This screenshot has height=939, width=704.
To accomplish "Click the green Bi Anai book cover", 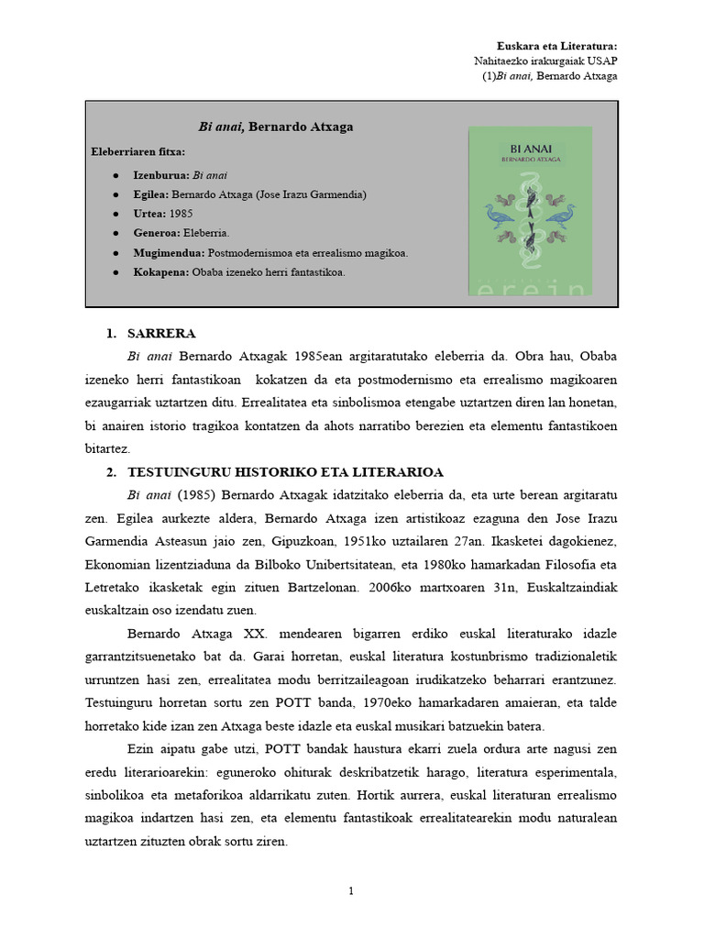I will [x=530, y=211].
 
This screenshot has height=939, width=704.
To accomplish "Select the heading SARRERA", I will [x=161, y=333].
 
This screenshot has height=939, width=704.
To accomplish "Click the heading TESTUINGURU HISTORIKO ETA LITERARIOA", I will [x=285, y=472].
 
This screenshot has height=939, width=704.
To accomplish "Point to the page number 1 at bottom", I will [x=351, y=891].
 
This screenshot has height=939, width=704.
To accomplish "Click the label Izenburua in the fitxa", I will [x=161, y=174].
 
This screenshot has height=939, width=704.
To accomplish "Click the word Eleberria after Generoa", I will [x=206, y=233].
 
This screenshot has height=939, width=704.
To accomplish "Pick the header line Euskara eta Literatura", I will [x=556, y=45].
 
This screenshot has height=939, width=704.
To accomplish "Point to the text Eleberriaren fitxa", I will [x=138, y=150].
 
